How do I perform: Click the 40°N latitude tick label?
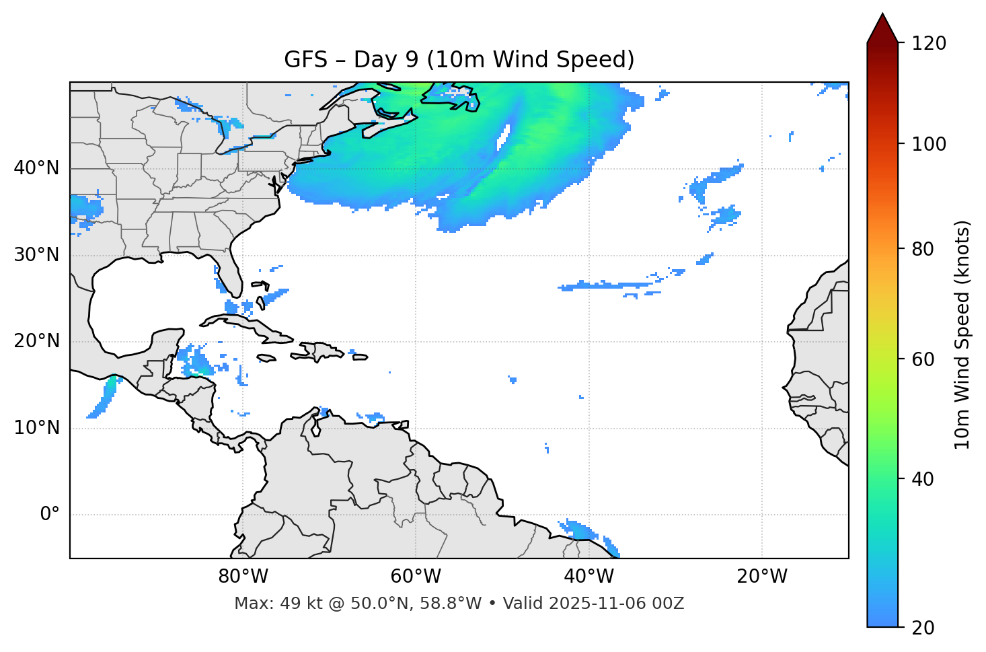click(x=36, y=168)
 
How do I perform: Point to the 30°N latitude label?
click(x=36, y=255)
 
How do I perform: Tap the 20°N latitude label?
click(x=36, y=341)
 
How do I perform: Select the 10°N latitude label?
click(x=36, y=428)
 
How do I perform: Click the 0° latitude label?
click(x=50, y=515)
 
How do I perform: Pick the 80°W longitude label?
click(x=243, y=577)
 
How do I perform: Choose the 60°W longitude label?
click(x=415, y=577)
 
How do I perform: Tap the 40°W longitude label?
click(x=589, y=577)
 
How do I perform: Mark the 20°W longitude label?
click(x=761, y=577)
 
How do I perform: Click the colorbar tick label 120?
click(x=929, y=43)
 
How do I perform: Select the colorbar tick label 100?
click(x=929, y=144)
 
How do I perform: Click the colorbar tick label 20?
click(x=922, y=627)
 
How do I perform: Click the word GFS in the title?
click(x=305, y=60)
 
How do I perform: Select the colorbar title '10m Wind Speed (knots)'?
click(x=962, y=335)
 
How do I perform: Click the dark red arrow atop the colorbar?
click(x=882, y=29)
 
